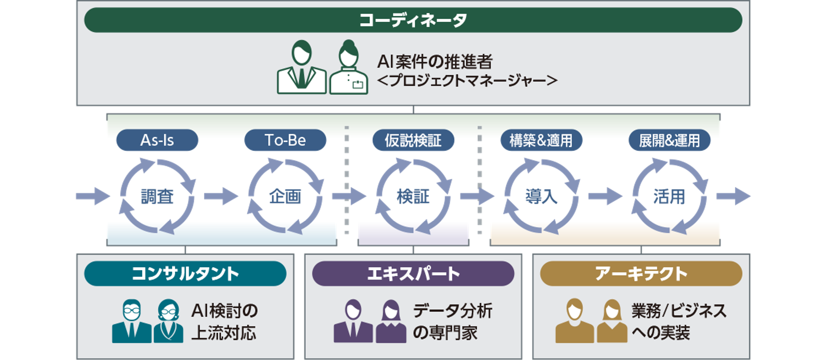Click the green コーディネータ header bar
coord(413,20)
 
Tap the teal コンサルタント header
coord(185,274)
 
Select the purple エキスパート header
coord(413,274)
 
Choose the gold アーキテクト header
coord(641,274)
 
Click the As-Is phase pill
coord(157,140)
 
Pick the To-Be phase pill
coord(285,140)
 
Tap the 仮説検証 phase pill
coord(413,140)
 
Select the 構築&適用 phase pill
coord(541,140)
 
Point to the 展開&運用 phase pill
coord(669,140)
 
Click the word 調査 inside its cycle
coord(157,196)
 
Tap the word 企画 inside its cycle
coord(285,196)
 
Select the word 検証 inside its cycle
coord(413,196)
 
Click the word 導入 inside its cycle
coord(541,196)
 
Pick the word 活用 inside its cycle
coord(669,196)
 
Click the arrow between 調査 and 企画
coord(221,196)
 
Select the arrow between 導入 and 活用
coord(605,196)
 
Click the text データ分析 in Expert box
coord(453,311)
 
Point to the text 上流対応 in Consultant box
coord(224,333)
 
